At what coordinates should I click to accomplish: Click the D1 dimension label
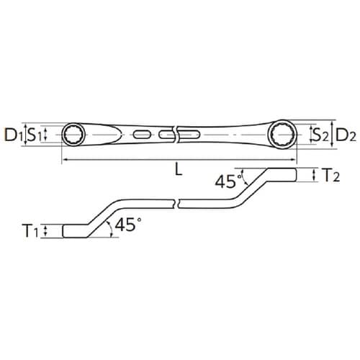(x=12, y=134)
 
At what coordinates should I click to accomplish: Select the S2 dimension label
(x=320, y=134)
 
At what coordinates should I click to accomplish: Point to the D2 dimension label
(x=344, y=134)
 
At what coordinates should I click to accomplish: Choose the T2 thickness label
(x=330, y=175)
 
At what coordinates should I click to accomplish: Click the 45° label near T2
(x=225, y=181)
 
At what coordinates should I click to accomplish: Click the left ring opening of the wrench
(x=74, y=134)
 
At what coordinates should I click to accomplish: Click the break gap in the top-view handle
(x=175, y=134)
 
